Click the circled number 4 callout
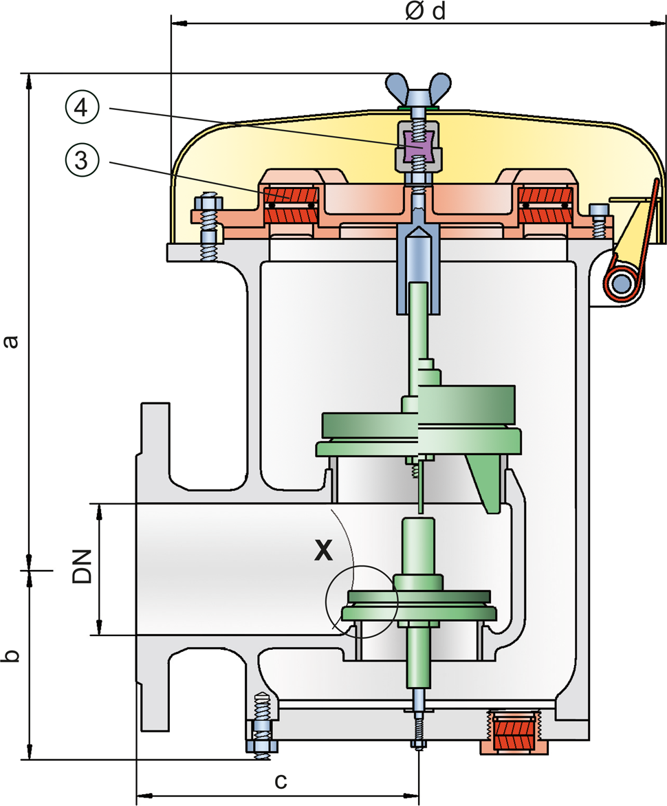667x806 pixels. click(x=83, y=108)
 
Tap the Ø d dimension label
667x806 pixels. click(x=426, y=11)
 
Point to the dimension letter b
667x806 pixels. click(x=10, y=656)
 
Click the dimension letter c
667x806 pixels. click(x=281, y=781)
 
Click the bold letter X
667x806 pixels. click(x=323, y=550)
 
